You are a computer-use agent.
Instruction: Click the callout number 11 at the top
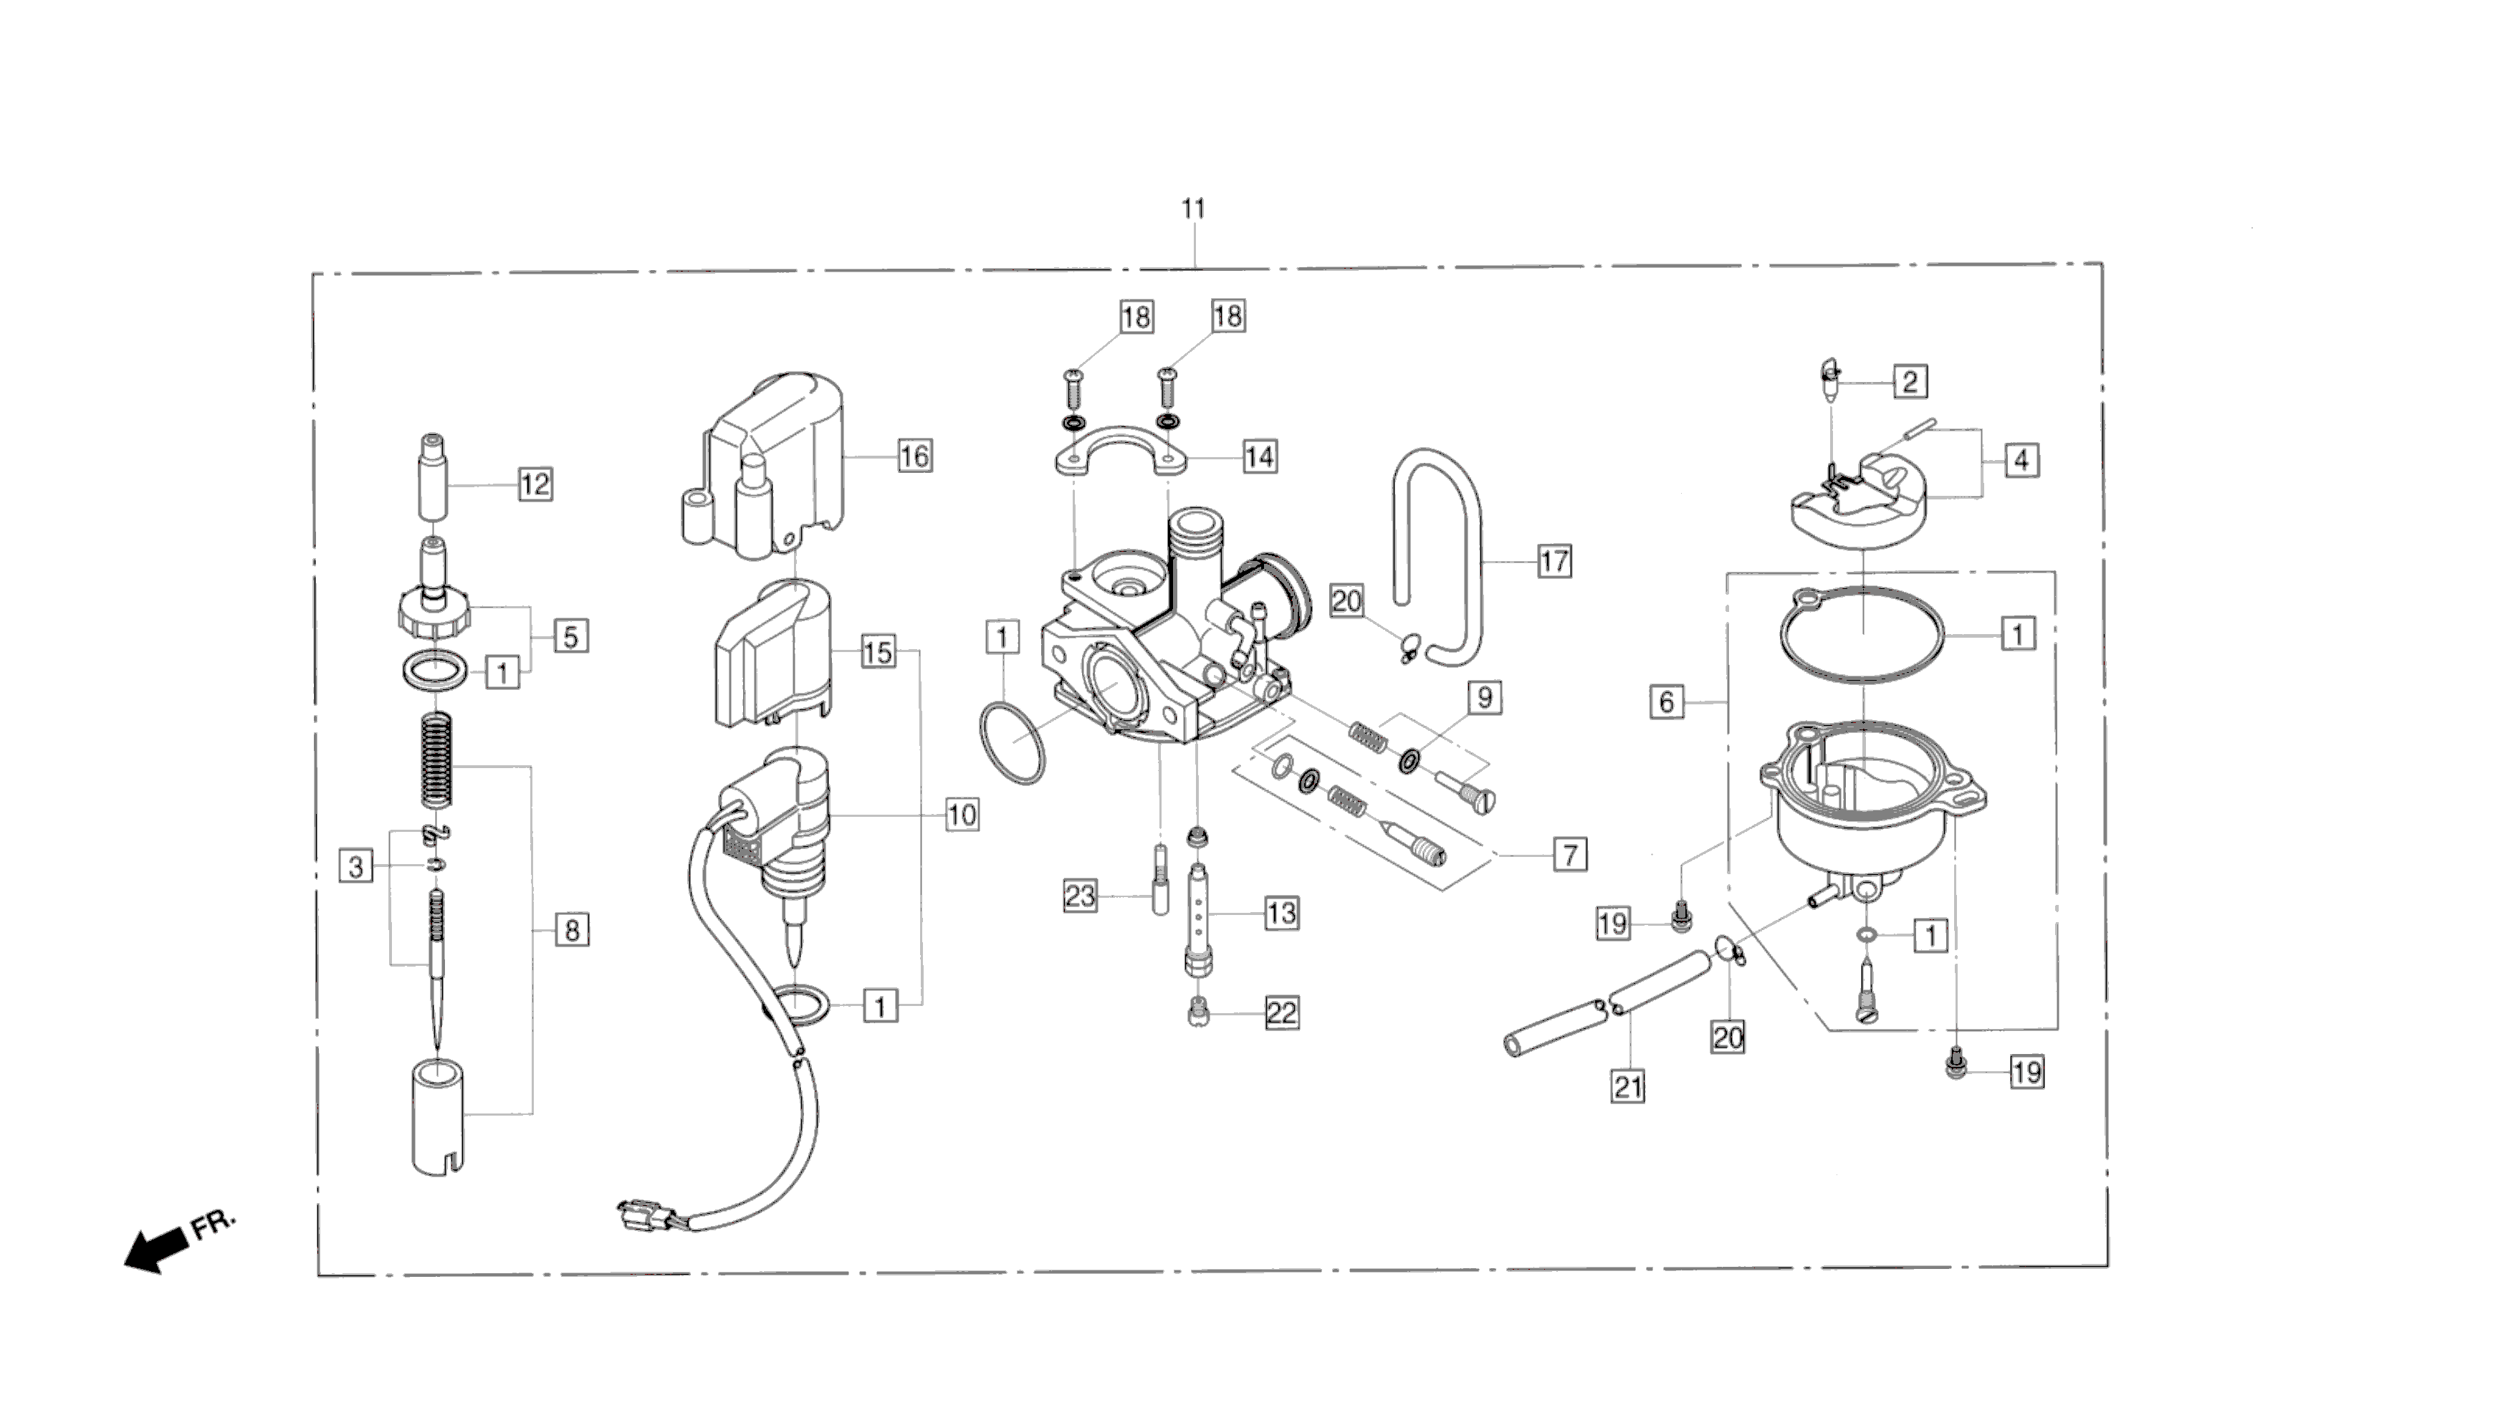(x=1193, y=209)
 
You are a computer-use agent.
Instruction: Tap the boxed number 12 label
(x=535, y=484)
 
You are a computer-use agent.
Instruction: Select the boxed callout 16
(x=914, y=456)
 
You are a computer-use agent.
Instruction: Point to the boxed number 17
(x=1554, y=561)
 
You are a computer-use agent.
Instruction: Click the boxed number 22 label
(x=1282, y=1013)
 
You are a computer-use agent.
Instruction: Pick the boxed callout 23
(x=1080, y=895)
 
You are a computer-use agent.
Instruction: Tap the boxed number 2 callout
(x=1910, y=382)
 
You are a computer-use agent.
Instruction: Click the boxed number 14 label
(x=1259, y=456)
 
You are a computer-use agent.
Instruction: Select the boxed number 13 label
(x=1282, y=913)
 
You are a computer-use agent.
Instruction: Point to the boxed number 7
(x=1570, y=855)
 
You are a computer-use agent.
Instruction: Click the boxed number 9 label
(x=1485, y=697)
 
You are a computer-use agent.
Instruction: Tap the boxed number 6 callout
(x=1667, y=701)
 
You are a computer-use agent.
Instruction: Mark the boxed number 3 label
(x=355, y=866)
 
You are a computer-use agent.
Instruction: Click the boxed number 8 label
(x=572, y=930)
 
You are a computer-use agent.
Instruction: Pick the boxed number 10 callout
(x=962, y=814)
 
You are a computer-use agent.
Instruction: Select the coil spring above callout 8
(x=437, y=760)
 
